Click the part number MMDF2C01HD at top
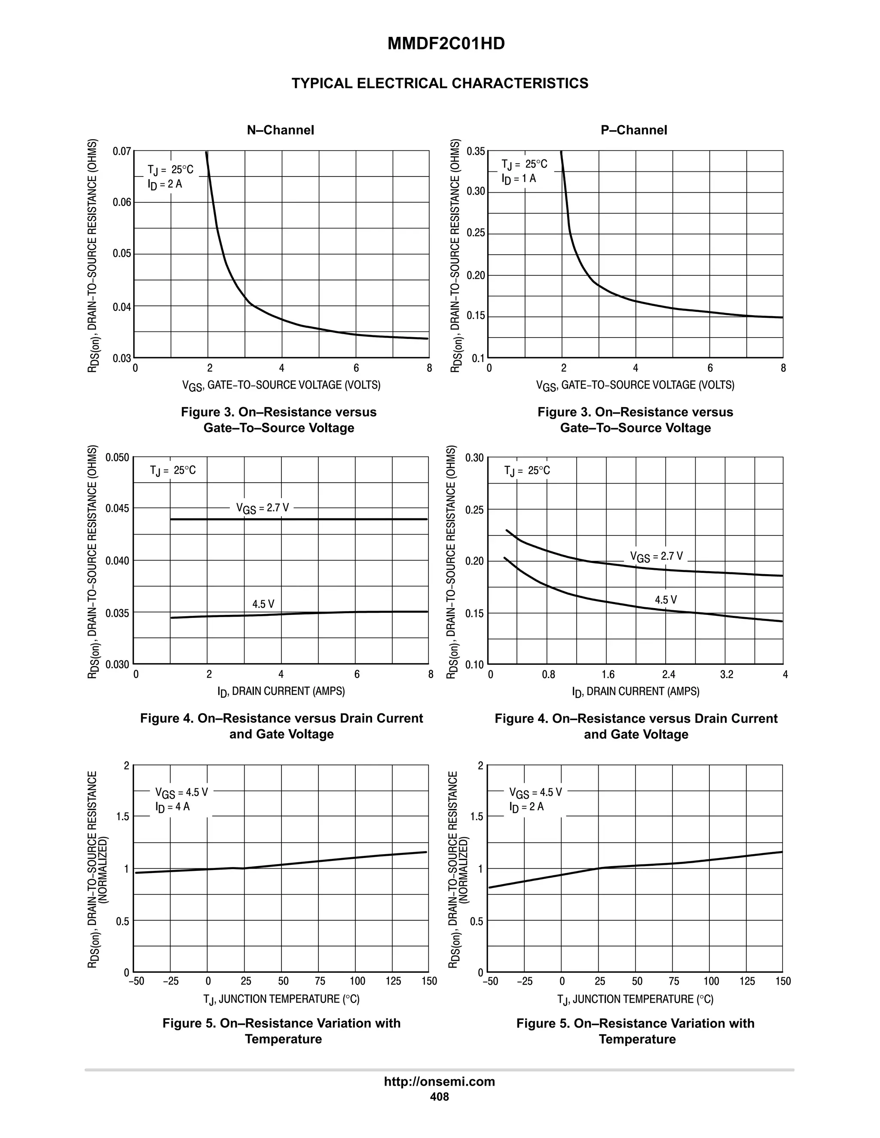[446, 44]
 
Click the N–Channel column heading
[281, 130]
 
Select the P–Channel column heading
[633, 130]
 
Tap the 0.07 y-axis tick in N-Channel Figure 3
[122, 152]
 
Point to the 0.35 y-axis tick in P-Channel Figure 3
[476, 152]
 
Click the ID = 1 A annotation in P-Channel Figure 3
[519, 179]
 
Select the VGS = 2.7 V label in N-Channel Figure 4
[262, 508]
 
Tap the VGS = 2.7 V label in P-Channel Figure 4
[657, 557]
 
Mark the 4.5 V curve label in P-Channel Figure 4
[666, 600]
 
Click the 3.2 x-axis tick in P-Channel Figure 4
[727, 675]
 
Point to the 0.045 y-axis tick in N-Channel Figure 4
[117, 508]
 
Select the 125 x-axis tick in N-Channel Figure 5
[393, 982]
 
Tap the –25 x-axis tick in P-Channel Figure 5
[525, 982]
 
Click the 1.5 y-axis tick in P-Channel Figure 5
[477, 817]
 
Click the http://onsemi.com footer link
[440, 1082]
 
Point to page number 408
[440, 1097]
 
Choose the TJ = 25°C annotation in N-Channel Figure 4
[173, 471]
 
